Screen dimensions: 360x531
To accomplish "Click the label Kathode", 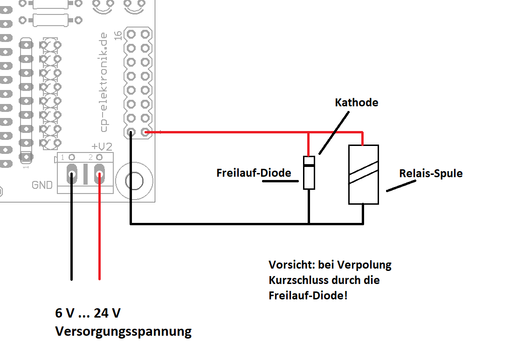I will pos(357,103).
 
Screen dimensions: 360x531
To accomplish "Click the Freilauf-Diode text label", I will pos(254,173).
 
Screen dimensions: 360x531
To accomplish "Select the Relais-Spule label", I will pos(431,173).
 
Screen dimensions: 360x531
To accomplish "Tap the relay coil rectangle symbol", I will pos(363,174).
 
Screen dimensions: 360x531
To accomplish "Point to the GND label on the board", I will pos(42,185).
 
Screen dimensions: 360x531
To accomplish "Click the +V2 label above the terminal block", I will pos(102,146).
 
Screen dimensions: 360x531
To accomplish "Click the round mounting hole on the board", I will pos(134,181).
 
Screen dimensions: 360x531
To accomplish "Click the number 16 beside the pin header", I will pos(117,35).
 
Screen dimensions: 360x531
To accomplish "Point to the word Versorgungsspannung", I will pos(123,332).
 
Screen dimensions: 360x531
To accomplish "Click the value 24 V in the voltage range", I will pos(107,313).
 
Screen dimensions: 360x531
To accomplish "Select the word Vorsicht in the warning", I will pos(290,265).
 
